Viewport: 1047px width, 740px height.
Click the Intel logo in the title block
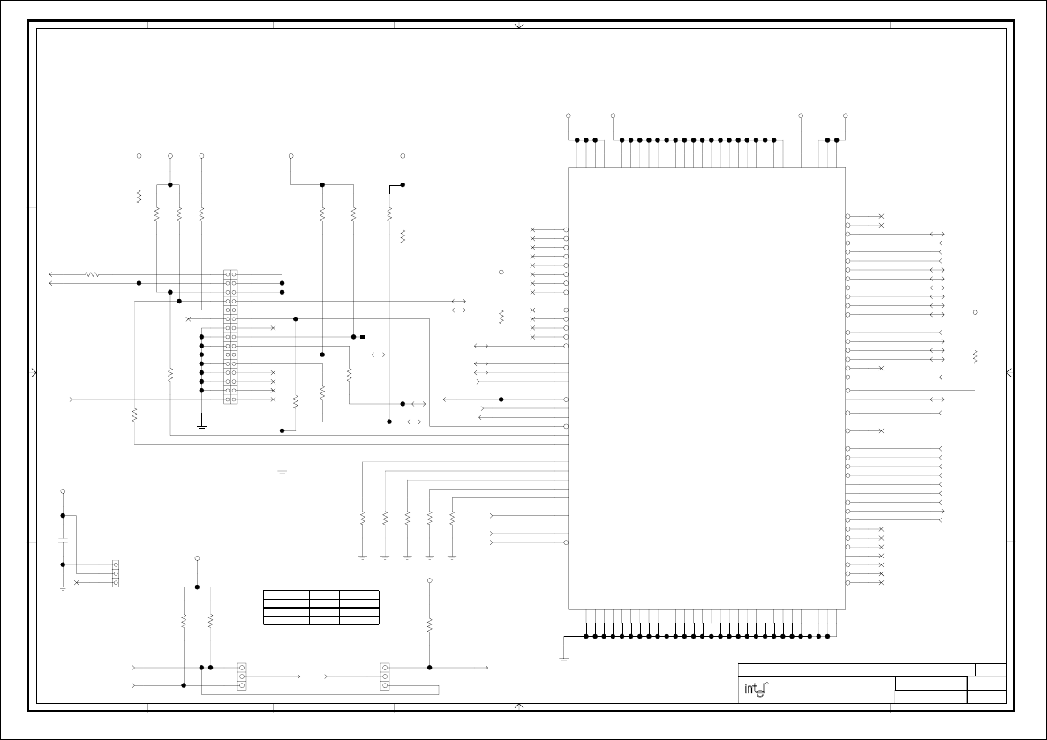click(753, 690)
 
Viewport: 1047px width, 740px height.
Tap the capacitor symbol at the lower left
click(63, 540)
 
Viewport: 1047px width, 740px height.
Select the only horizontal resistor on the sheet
click(91, 275)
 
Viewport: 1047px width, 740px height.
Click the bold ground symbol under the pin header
click(201, 427)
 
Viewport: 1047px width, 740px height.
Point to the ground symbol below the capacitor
click(63, 587)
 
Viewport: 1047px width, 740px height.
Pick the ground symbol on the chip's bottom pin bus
click(563, 658)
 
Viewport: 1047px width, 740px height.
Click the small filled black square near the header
click(362, 337)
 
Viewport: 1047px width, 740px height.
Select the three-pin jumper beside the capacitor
click(117, 573)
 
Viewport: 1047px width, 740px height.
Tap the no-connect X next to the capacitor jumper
click(77, 583)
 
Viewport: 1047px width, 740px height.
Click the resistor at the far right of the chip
click(975, 356)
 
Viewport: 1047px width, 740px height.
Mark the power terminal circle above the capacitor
click(63, 490)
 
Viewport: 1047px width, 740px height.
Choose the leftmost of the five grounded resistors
click(363, 519)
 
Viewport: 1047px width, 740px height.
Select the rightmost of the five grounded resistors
click(452, 519)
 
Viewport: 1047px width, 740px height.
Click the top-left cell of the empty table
click(286, 595)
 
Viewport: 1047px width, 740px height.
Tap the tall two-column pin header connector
click(231, 337)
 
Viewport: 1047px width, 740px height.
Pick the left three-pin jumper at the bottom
click(242, 676)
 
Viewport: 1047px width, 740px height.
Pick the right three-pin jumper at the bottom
click(385, 676)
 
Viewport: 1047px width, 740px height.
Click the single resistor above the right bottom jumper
click(430, 624)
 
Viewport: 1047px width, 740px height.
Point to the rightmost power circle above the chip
click(846, 116)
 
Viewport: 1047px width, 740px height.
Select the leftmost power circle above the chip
click(568, 116)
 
